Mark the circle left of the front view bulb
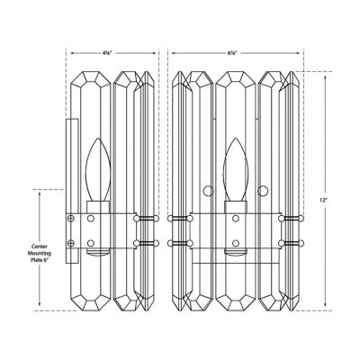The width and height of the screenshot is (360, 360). (x=209, y=190)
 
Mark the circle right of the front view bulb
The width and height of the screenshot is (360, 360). (x=264, y=190)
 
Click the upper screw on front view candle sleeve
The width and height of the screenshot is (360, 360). (x=236, y=219)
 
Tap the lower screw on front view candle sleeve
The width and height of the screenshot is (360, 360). (x=236, y=242)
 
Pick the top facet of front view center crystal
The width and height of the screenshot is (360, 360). (x=236, y=81)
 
